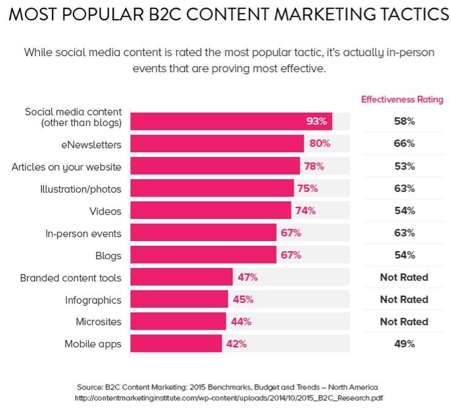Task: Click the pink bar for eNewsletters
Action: (217, 144)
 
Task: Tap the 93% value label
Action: (317, 121)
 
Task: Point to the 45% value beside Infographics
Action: (241, 300)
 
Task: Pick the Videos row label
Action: (105, 211)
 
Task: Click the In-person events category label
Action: (84, 233)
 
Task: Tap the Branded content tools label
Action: (70, 278)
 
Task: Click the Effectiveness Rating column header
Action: (402, 99)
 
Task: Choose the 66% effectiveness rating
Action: (404, 144)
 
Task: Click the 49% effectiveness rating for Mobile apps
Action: (404, 344)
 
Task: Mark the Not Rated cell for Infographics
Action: (404, 300)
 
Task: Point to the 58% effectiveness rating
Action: (404, 121)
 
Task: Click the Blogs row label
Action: (108, 255)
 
